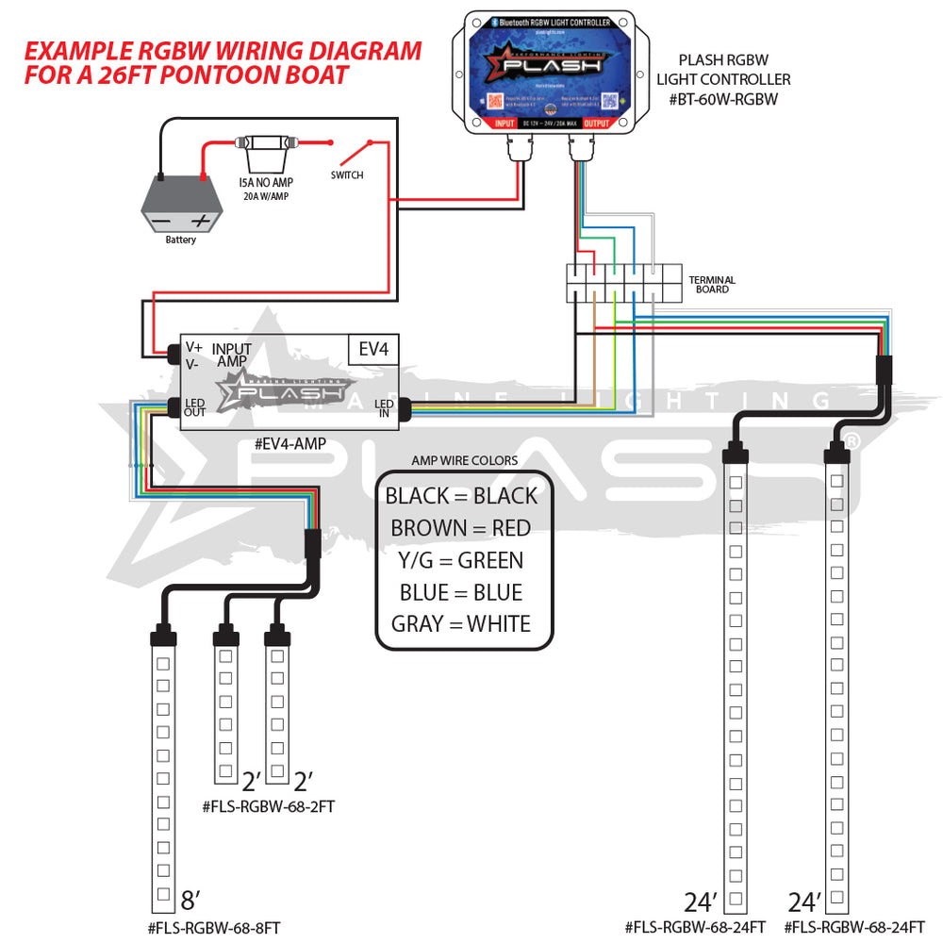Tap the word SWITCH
point(346,175)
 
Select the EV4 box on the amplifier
point(373,349)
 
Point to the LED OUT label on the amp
point(195,406)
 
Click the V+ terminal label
point(193,347)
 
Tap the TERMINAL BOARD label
point(712,285)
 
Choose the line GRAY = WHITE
point(461,623)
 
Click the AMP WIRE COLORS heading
point(464,460)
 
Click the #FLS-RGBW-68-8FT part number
point(214,928)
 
